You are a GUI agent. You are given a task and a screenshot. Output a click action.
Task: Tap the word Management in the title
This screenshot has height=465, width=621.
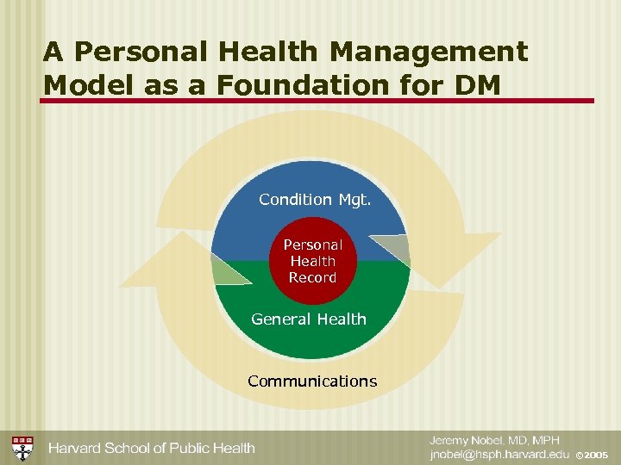429,52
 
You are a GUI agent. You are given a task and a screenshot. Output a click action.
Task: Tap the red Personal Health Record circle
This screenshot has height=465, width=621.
312,262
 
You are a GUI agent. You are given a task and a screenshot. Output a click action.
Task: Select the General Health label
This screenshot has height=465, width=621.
309,319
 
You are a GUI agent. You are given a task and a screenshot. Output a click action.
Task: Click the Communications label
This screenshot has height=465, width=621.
312,381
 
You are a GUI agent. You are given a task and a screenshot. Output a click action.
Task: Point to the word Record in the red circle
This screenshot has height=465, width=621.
312,278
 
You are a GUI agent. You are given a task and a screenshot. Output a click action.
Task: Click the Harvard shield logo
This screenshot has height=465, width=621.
22,447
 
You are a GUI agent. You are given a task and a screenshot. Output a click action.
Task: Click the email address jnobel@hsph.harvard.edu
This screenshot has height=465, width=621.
500,454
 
